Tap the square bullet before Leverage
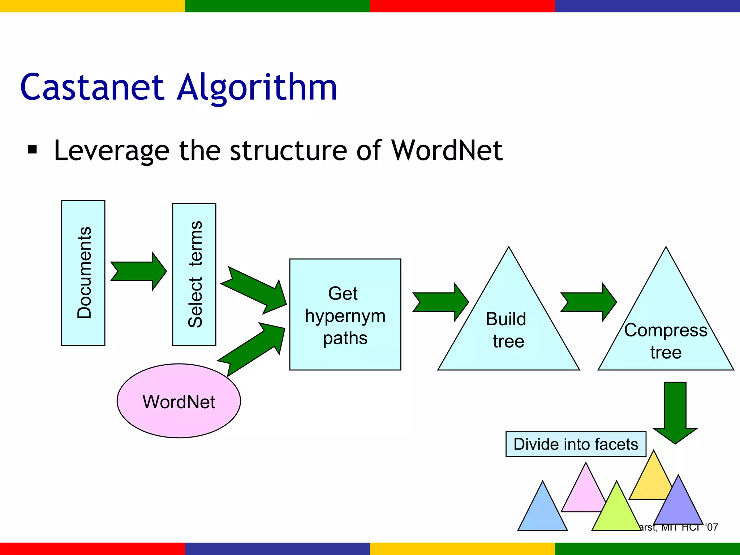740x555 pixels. pos(33,150)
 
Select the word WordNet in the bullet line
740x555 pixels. pos(447,150)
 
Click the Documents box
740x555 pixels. pos(83,273)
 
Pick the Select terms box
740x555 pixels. pos(194,274)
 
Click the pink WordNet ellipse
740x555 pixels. pos(179,401)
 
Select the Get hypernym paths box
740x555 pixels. pos(345,314)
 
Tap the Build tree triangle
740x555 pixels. pos(508,325)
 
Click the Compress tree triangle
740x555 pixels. pos(666,325)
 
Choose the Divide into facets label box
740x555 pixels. pos(576,444)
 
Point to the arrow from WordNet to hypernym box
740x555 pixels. pos(253,349)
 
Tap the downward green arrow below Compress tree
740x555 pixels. pos(675,412)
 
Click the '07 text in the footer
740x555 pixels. pos(712,527)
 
